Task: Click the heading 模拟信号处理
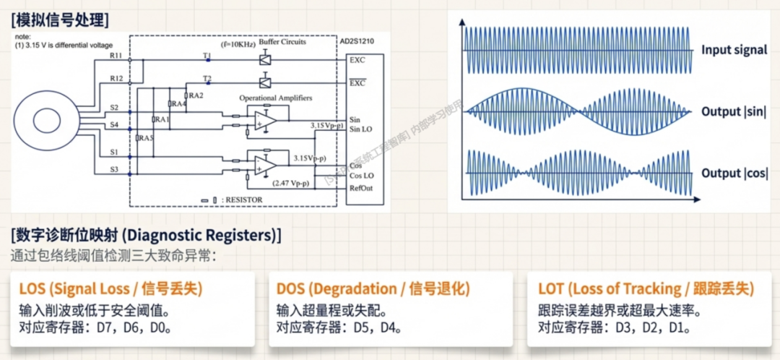pyautogui.click(x=60, y=17)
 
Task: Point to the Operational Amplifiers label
pyautogui.click(x=273, y=97)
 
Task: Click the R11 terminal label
pyautogui.click(x=115, y=54)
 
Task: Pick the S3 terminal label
pyautogui.click(x=114, y=169)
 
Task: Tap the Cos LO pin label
pyautogui.click(x=361, y=176)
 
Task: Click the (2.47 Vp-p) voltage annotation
pyautogui.click(x=292, y=184)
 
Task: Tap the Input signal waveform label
pyautogui.click(x=734, y=51)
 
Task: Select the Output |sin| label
pyautogui.click(x=734, y=112)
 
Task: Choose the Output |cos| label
pyautogui.click(x=734, y=173)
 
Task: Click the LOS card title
pyautogui.click(x=110, y=289)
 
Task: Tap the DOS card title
pyautogui.click(x=373, y=289)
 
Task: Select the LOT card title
pyautogui.click(x=646, y=289)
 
